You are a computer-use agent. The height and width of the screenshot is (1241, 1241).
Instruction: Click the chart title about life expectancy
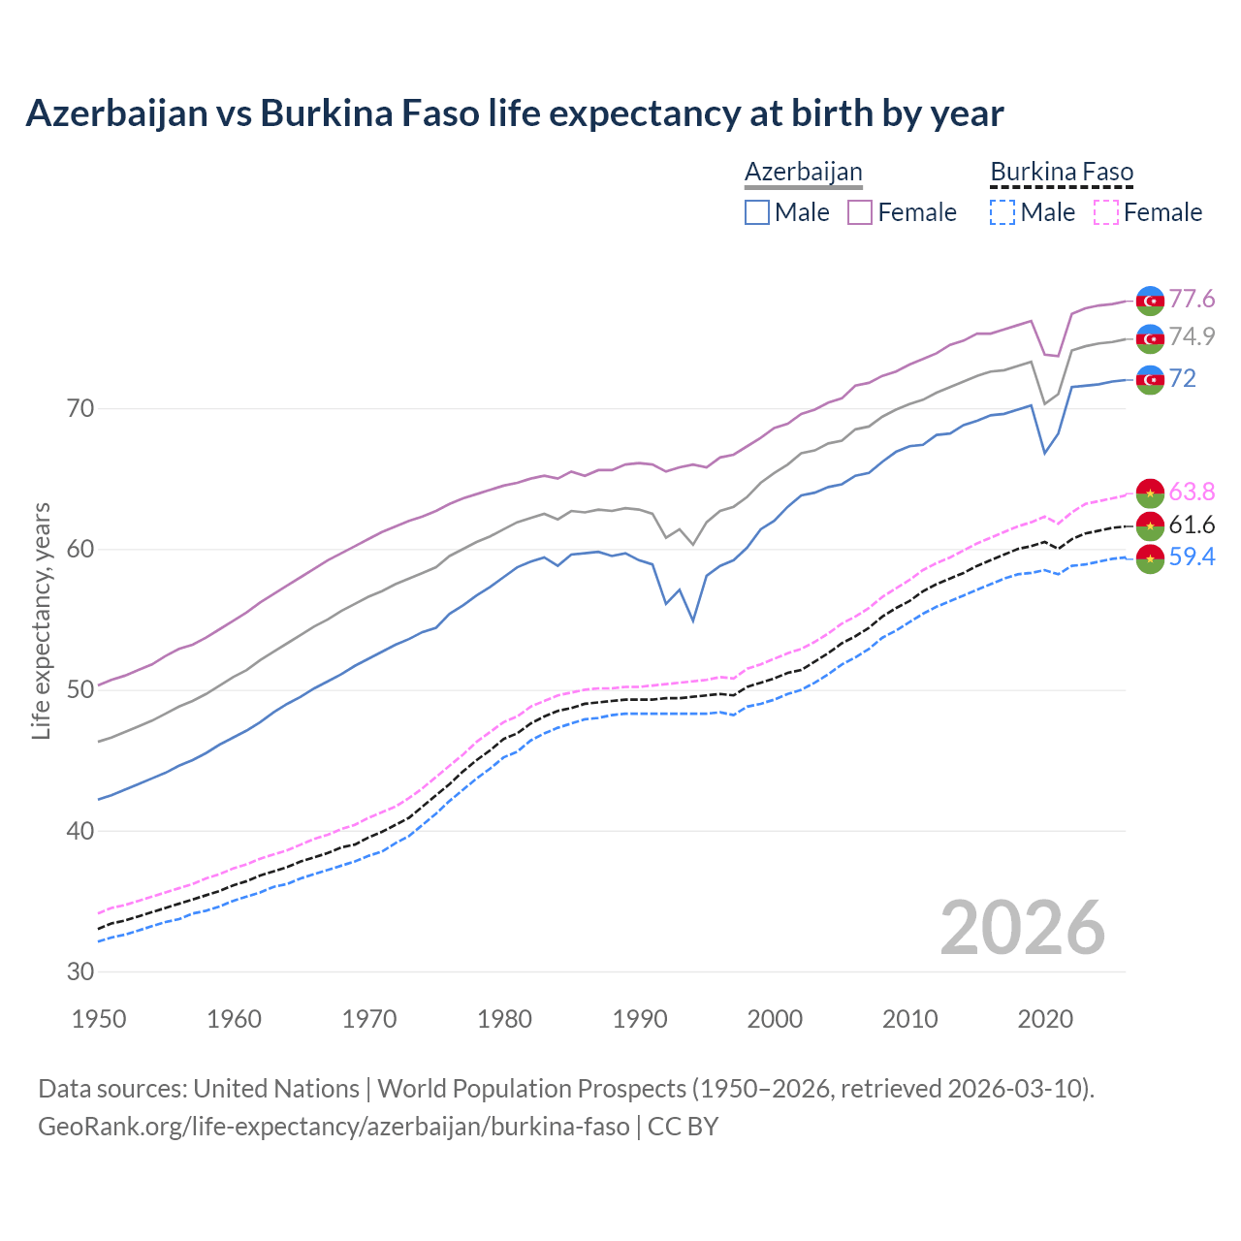coord(514,113)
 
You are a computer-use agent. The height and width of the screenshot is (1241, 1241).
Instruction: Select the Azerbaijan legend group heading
coord(803,172)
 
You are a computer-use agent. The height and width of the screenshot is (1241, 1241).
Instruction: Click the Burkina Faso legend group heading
coord(1062,172)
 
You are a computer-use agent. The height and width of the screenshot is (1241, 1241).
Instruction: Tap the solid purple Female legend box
coord(860,212)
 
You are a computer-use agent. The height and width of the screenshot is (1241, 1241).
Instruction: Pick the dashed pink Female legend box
coord(1105,212)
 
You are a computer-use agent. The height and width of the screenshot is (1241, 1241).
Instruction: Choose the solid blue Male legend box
coord(757,212)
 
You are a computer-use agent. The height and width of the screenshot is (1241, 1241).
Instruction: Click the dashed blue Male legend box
coord(1002,212)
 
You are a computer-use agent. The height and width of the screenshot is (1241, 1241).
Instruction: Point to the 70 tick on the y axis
coord(80,408)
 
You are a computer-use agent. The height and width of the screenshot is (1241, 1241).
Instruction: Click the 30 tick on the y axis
coord(80,971)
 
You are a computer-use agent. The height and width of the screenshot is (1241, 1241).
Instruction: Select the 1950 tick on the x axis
coord(99,1019)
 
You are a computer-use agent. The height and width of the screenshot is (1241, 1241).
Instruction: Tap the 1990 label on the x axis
coord(640,1019)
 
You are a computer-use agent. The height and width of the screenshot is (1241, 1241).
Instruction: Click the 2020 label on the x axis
coord(1045,1019)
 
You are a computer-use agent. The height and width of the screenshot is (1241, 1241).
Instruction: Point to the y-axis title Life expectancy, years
coord(41,620)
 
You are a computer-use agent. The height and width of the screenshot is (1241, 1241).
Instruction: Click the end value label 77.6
coord(1192,300)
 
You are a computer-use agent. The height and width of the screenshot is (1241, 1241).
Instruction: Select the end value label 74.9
coord(1192,336)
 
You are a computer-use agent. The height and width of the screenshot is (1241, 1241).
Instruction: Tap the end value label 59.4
coord(1192,557)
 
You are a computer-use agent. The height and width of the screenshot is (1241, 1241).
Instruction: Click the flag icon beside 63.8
coord(1150,493)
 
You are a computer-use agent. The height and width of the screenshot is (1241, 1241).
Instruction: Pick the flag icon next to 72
coord(1150,380)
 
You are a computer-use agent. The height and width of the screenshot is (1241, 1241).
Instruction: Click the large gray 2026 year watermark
coord(1022,928)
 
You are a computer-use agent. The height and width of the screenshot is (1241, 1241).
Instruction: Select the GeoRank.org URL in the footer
coord(334,1127)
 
